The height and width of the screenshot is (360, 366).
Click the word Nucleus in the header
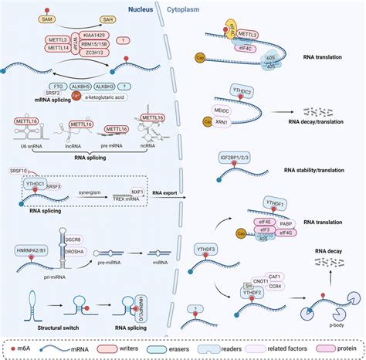(139, 8)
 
